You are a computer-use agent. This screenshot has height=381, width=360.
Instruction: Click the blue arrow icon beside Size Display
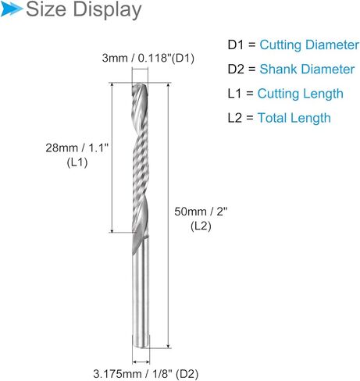pos(11,9)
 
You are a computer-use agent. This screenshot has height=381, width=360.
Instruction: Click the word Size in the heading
pos(46,9)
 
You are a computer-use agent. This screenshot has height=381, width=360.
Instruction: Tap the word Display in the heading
pos(107,10)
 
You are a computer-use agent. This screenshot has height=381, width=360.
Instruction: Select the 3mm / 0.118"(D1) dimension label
pos(148,58)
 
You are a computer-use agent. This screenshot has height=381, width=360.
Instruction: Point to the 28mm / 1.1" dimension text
pos(77,148)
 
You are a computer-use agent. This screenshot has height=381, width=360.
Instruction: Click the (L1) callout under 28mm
pos(77,163)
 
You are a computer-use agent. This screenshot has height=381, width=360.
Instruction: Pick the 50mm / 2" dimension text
pos(201,212)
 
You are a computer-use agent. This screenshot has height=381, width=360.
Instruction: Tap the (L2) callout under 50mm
pos(201,226)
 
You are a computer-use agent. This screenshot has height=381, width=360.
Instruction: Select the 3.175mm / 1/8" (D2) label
pos(146,374)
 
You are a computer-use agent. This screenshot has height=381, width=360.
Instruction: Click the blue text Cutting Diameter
pos(309,45)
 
